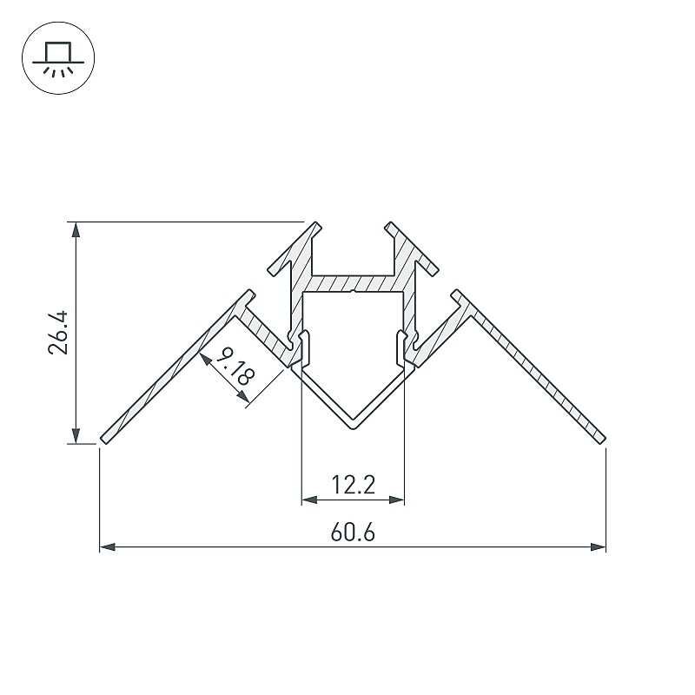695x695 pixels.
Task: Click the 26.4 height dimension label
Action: click(x=58, y=333)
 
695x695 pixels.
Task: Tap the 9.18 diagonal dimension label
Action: click(x=235, y=366)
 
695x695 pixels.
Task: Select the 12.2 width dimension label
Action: click(x=354, y=485)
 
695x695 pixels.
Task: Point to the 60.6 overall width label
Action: click(x=353, y=532)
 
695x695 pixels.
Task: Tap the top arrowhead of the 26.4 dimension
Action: click(x=76, y=229)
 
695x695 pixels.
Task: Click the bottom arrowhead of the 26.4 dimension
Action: click(x=76, y=436)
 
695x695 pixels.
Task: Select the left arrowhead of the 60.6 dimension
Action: click(x=107, y=547)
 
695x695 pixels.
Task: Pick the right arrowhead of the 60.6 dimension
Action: click(x=599, y=547)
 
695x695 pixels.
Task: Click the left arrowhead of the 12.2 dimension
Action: click(x=309, y=500)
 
